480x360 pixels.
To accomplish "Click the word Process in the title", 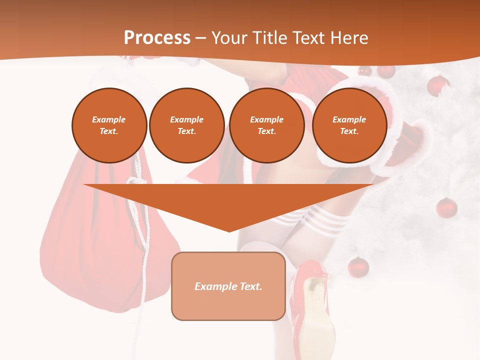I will pos(157,38).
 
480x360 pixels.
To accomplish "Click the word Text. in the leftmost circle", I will pos(109,131).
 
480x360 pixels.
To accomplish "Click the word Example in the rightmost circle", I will pos(349,119).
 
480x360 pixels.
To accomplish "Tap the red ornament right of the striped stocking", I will pos(446,207).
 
